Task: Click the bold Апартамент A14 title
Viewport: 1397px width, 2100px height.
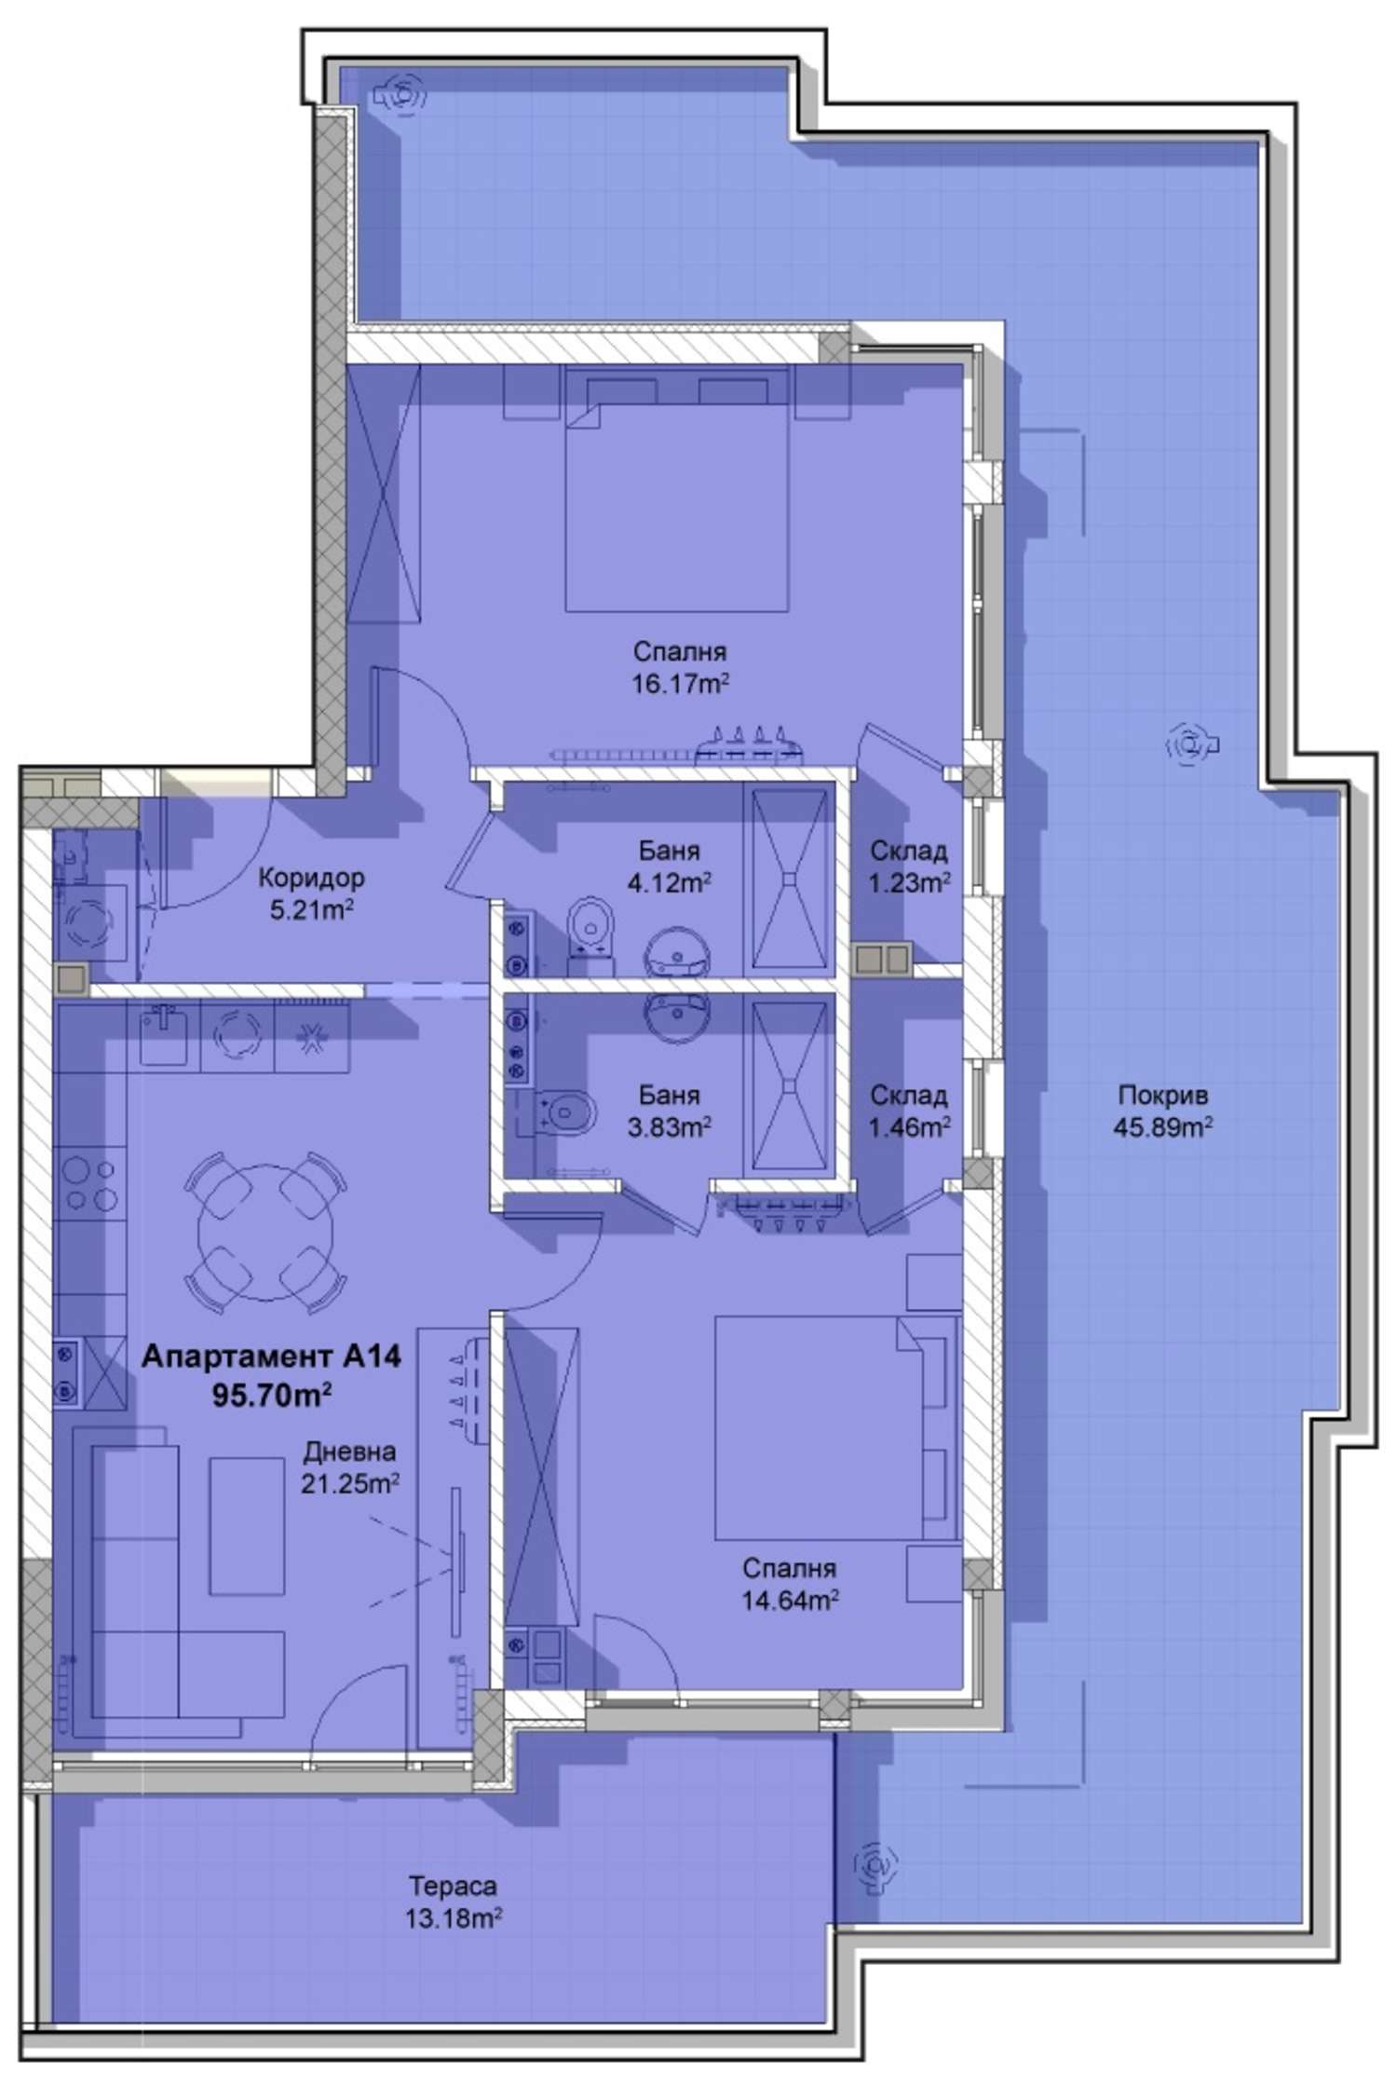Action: [x=271, y=1357]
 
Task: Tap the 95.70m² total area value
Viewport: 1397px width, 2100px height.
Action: [x=272, y=1395]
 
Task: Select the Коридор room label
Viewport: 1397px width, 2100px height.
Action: [x=311, y=877]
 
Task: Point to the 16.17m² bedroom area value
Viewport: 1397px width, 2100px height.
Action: [x=680, y=685]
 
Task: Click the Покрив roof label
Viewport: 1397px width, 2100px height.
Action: [x=1162, y=1095]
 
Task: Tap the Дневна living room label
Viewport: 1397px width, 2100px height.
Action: [x=349, y=1451]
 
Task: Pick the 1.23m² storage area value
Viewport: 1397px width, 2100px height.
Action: [x=909, y=882]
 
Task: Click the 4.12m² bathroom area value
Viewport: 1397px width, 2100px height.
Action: [x=670, y=882]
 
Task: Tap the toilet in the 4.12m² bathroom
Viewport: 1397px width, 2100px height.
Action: [x=591, y=927]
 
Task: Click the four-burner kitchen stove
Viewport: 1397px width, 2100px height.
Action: [x=89, y=1183]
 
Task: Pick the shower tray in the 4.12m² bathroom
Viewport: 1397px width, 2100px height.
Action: [x=789, y=879]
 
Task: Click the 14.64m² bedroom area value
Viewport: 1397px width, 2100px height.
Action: [x=790, y=1601]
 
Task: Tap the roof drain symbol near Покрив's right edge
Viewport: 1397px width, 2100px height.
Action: [x=1189, y=743]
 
